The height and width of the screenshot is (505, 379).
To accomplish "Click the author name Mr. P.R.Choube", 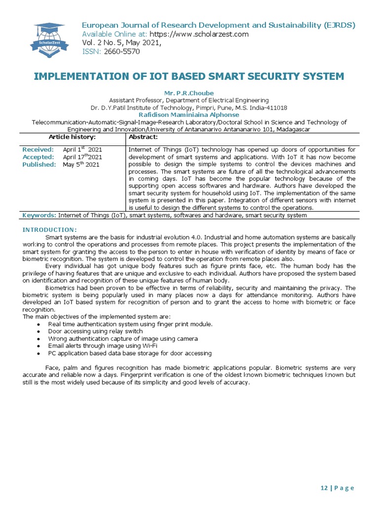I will [189, 93].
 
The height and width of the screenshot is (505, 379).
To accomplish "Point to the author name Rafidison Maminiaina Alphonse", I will [189, 115].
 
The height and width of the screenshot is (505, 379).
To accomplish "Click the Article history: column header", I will [72, 137].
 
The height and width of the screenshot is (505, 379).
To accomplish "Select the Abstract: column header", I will [143, 137].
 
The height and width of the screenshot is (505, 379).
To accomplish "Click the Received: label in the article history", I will [38, 149].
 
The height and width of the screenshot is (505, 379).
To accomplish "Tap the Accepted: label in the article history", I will [38, 157].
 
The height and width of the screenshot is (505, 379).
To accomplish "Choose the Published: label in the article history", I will [39, 164].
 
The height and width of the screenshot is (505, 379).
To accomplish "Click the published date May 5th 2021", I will [81, 164].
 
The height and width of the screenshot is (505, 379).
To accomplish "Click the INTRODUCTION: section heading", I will [50, 230].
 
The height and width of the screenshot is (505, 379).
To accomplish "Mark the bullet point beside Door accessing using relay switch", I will [39, 331].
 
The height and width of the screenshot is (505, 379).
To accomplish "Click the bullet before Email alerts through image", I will [39, 346].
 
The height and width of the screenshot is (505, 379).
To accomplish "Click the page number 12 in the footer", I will [324, 488].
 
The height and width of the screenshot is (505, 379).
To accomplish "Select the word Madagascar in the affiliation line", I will [291, 129].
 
